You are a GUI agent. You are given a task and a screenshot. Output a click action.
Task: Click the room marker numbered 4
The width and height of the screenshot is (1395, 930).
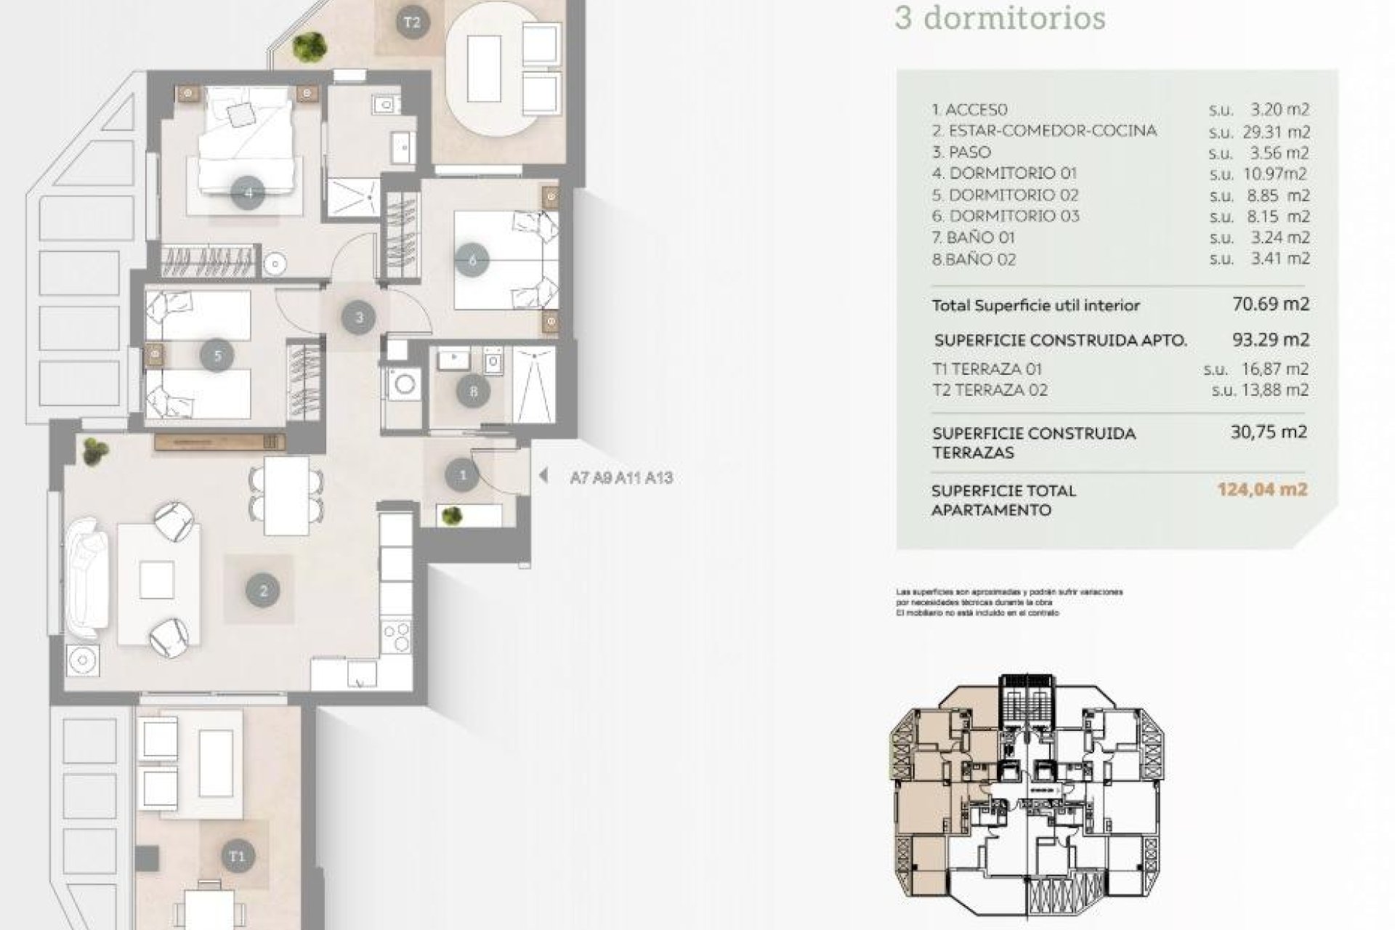coord(248,193)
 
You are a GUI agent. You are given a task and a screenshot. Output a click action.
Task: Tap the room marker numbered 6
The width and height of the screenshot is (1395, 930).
coord(473,259)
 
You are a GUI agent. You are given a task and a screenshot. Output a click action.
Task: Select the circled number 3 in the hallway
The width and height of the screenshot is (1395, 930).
coord(359,317)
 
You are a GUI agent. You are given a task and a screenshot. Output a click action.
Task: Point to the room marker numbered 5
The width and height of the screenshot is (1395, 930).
coord(217,355)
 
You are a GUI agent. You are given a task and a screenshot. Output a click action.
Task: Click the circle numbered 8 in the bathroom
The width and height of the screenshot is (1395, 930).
coord(474,392)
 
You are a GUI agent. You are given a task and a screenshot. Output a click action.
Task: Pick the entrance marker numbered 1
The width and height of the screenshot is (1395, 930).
coord(463,476)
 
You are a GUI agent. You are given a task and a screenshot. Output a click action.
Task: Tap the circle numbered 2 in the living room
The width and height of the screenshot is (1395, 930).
coord(263,591)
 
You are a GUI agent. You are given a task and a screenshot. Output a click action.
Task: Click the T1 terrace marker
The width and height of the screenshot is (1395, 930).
coord(238,857)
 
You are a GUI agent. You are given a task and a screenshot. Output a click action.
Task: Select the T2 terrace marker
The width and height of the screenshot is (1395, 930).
coord(412,23)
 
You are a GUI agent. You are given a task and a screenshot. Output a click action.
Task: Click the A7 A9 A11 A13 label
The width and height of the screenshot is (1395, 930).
coord(621,478)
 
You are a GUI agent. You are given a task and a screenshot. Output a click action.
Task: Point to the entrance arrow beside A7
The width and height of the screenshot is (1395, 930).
coord(543,476)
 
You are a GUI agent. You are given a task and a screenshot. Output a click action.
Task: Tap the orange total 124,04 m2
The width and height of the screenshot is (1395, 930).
coord(1262,490)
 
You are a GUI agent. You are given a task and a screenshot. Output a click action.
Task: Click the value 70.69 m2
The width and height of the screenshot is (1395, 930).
coord(1271,304)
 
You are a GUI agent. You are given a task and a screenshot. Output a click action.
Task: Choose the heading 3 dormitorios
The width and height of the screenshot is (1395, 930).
coord(1000,18)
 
